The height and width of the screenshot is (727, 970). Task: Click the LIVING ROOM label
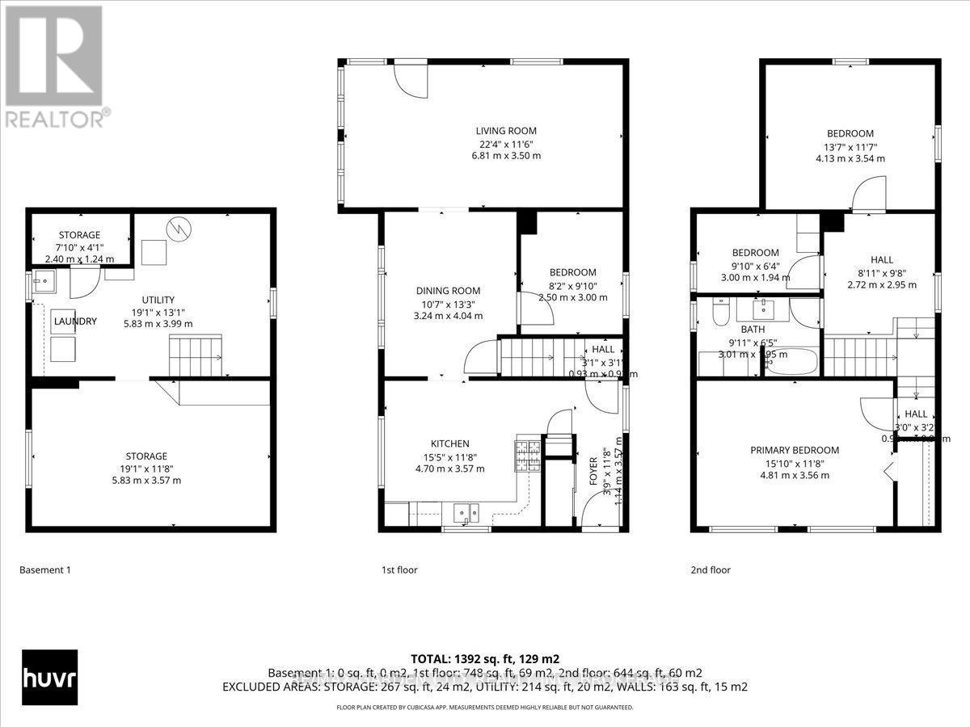pyautogui.click(x=506, y=130)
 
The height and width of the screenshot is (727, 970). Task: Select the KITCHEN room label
pyautogui.click(x=449, y=443)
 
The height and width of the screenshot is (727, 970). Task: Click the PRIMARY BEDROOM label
pyautogui.click(x=795, y=450)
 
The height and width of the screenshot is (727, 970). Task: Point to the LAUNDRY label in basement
pyautogui.click(x=75, y=321)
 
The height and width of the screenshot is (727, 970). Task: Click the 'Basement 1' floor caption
pyautogui.click(x=45, y=570)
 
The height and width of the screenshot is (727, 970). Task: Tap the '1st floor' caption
pyautogui.click(x=399, y=570)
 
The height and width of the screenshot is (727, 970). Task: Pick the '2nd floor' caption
pyautogui.click(x=711, y=570)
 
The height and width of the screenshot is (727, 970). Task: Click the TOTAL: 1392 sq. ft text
pyautogui.click(x=484, y=658)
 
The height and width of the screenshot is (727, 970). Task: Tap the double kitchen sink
pyautogui.click(x=466, y=511)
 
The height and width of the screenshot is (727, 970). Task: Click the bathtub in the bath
pyautogui.click(x=792, y=367)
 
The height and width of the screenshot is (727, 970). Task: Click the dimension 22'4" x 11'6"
pyautogui.click(x=506, y=143)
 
